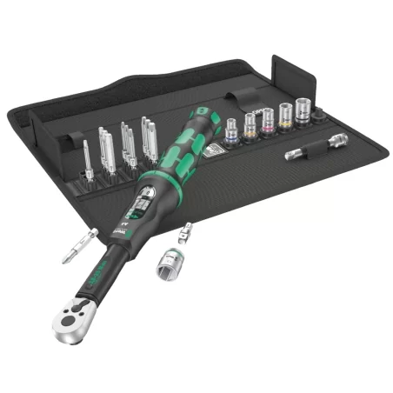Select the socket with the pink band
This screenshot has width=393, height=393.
coord(268,124)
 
